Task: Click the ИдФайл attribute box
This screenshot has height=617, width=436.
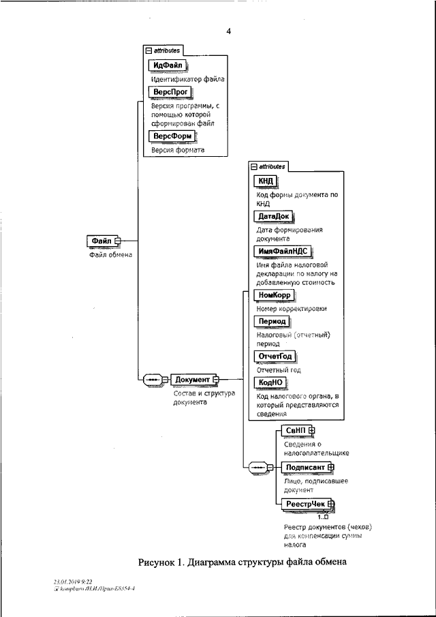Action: (x=166, y=65)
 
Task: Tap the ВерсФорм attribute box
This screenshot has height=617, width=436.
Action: (x=170, y=136)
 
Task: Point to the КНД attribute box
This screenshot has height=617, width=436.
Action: (x=265, y=181)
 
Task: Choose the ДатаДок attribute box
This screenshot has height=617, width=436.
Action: (x=273, y=216)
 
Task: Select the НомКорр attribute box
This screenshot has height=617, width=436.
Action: (x=274, y=295)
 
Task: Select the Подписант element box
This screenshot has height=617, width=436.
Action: (x=306, y=466)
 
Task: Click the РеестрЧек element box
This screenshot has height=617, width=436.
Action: (x=306, y=504)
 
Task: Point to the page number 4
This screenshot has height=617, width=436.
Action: (x=229, y=31)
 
